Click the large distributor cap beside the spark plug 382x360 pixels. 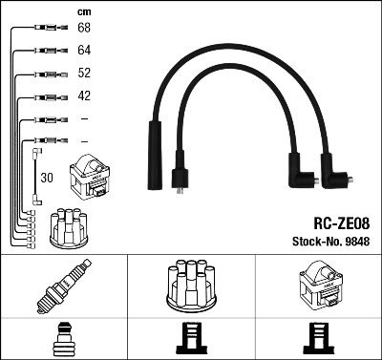coord(191,286)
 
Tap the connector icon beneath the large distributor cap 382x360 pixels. coord(191,339)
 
